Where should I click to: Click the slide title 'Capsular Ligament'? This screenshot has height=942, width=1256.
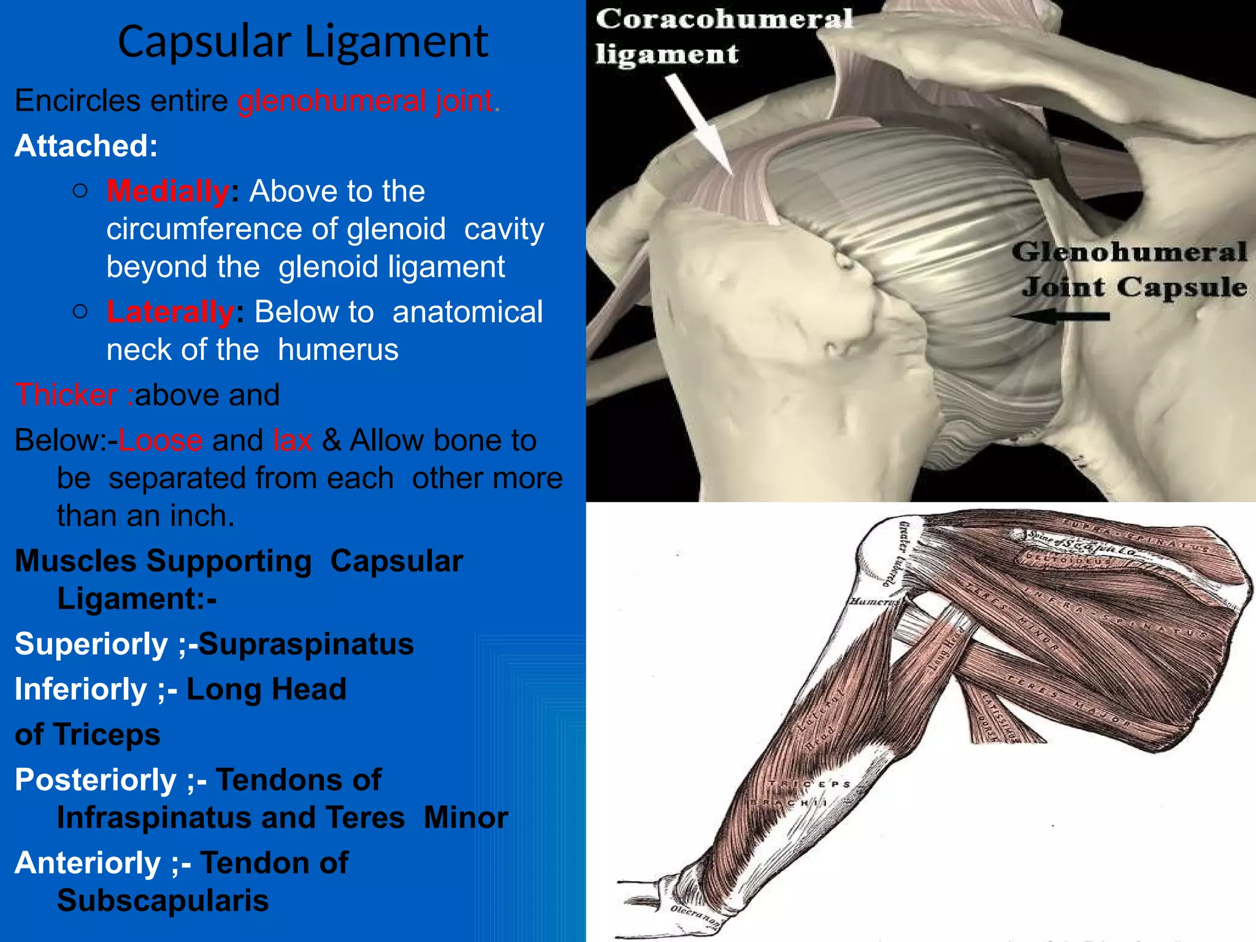click(x=303, y=42)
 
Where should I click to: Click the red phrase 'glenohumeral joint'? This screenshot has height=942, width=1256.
click(x=366, y=101)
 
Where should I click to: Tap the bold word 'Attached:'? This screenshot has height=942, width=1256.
click(x=86, y=146)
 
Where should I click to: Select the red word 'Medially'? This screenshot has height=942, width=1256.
click(x=168, y=191)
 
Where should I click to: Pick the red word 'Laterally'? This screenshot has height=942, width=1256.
click(x=170, y=312)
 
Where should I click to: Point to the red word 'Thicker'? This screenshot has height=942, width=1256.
click(x=66, y=394)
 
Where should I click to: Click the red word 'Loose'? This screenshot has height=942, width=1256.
click(x=160, y=440)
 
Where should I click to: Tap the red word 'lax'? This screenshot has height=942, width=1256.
click(x=293, y=440)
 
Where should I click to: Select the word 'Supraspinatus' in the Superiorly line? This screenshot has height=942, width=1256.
click(x=306, y=644)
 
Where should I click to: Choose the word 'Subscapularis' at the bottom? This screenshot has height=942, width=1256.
click(x=163, y=900)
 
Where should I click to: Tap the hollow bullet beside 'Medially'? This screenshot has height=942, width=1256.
click(x=80, y=191)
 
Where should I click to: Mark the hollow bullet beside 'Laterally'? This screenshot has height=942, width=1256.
click(x=80, y=312)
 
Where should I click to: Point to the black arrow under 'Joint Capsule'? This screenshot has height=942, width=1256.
click(x=1060, y=316)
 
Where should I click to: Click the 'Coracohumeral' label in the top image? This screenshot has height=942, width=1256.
click(x=724, y=19)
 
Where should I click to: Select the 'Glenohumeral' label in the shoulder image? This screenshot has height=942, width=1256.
click(x=1129, y=252)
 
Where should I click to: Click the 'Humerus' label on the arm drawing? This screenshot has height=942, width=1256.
click(x=873, y=602)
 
